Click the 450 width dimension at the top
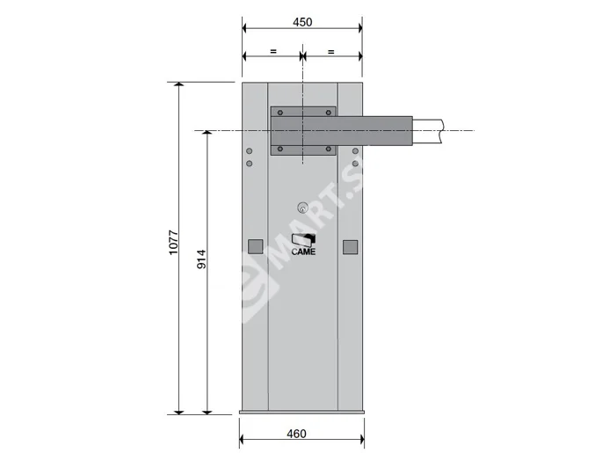[301, 21]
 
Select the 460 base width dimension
[297, 434]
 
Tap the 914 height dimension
[201, 259]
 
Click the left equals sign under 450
[272, 52]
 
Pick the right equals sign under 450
[331, 52]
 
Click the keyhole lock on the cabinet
[302, 208]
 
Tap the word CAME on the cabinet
[303, 252]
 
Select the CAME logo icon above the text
[303, 239]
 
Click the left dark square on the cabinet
[255, 247]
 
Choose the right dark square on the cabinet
[350, 247]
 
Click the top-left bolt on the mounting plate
[278, 113]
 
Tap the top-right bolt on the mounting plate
[329, 113]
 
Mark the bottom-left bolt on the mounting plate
[278, 149]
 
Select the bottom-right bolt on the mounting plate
[329, 149]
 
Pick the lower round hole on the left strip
[250, 164]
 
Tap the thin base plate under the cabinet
[301, 412]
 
